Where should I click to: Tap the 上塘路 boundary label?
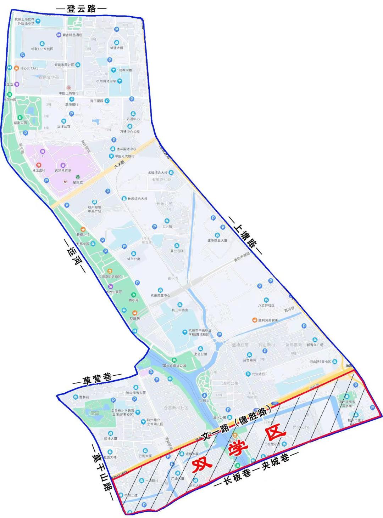tap(245, 235)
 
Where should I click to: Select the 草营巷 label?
tap(97, 379)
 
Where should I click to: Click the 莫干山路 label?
tap(102, 472)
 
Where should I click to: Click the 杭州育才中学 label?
tap(106, 81)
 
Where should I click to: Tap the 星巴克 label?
tap(78, 182)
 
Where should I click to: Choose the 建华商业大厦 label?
tap(217, 240)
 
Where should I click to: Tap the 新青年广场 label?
tap(315, 345)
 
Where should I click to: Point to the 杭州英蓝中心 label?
tap(160, 295)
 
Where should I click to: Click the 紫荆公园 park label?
tap(20, 123)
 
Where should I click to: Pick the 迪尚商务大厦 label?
tap(135, 393)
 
